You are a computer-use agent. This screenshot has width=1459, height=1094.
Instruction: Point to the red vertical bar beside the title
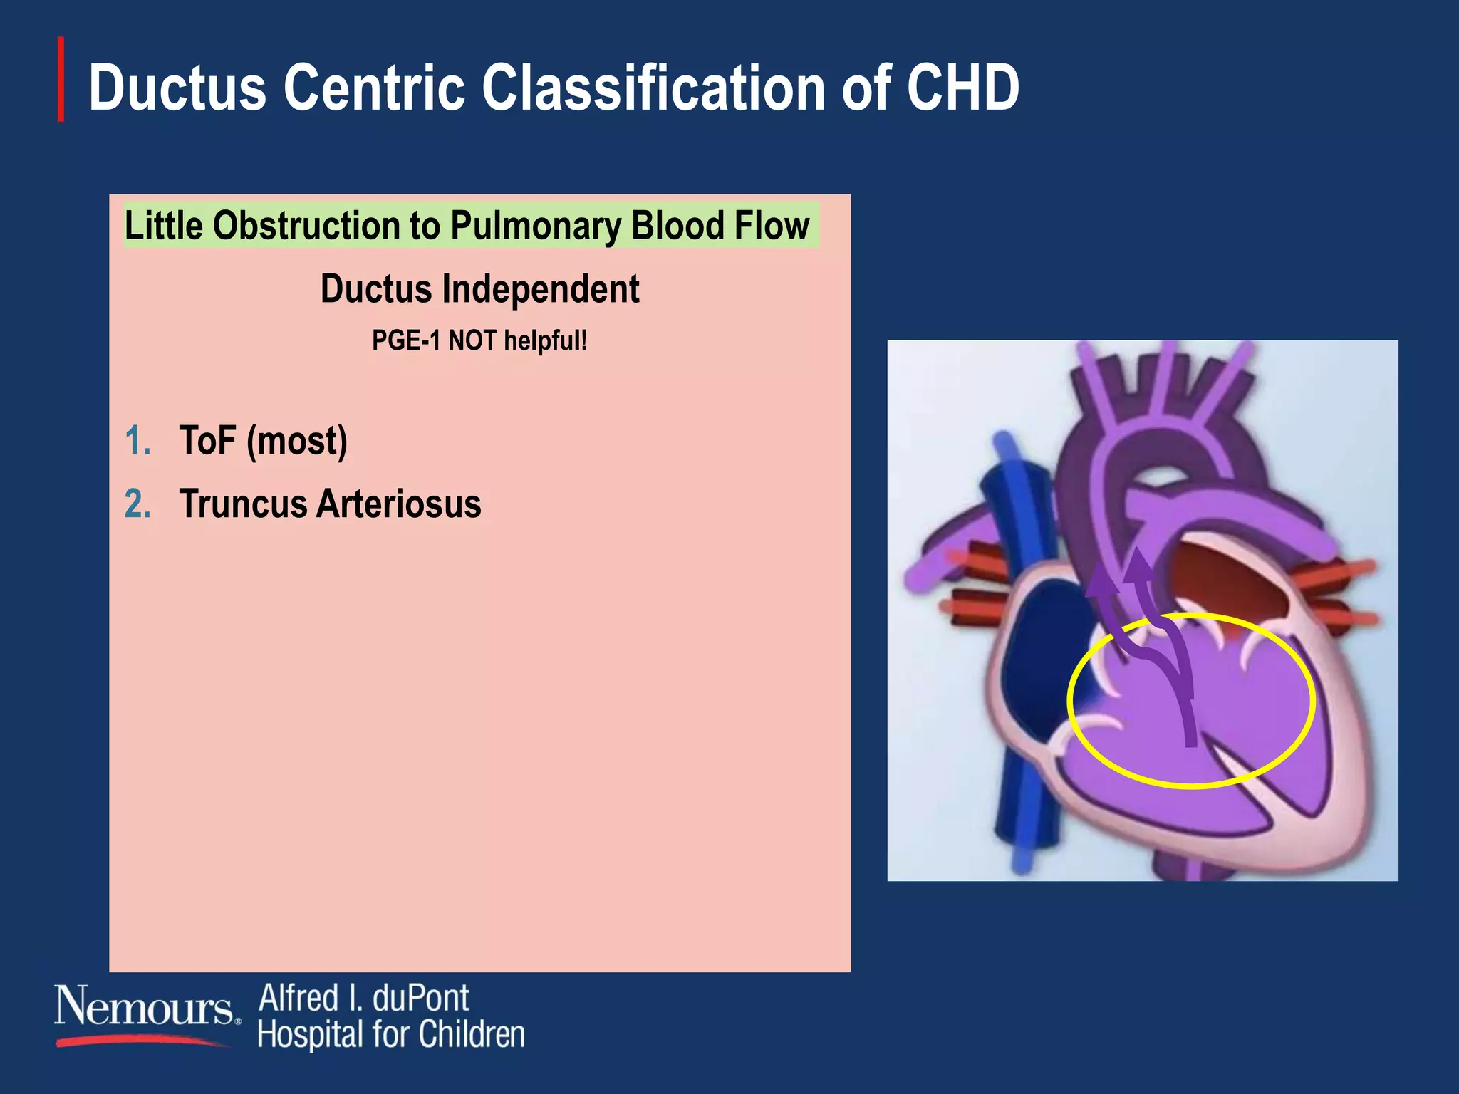tap(61, 79)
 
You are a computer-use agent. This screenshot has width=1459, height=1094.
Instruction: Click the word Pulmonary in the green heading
tap(536, 226)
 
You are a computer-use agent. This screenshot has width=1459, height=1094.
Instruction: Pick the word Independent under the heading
tap(540, 289)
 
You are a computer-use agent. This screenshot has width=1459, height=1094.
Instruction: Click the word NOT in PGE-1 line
tap(472, 340)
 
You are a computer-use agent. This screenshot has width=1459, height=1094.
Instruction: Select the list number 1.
tap(137, 440)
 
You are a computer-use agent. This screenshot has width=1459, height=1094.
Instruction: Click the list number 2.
tap(137, 504)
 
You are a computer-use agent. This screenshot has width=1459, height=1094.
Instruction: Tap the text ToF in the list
tap(207, 440)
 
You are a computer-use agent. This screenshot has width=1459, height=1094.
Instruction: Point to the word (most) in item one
tap(296, 442)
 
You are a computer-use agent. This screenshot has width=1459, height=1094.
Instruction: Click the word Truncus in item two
tap(243, 504)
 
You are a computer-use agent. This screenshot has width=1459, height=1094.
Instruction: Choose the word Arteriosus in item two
tap(399, 504)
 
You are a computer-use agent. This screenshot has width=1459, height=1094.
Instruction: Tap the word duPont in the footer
tap(420, 998)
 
